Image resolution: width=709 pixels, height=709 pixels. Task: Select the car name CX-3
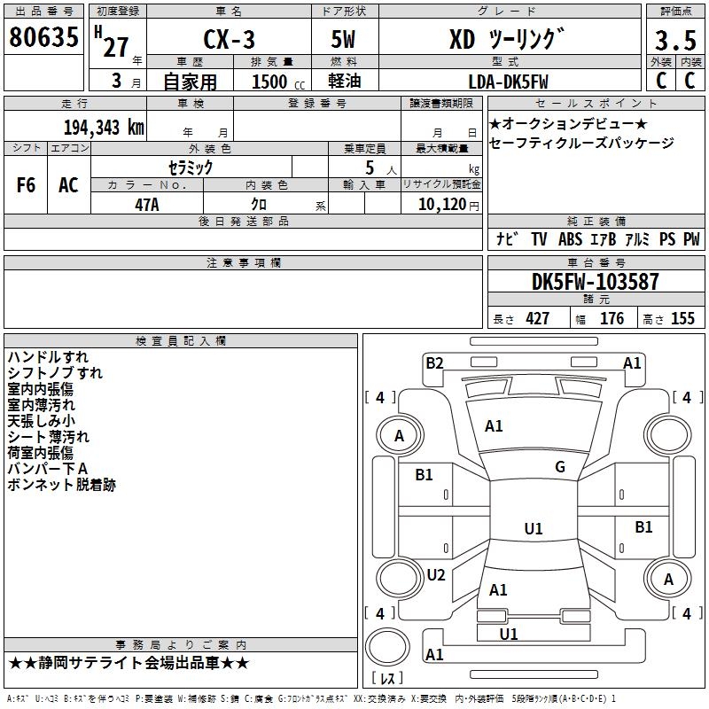pos(226,40)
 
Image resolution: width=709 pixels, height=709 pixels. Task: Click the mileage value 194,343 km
pos(103,128)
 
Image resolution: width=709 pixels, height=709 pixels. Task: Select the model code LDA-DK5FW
pos(508,82)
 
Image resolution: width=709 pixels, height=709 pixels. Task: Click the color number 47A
pos(146,205)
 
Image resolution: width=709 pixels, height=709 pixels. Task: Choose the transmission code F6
pos(27,185)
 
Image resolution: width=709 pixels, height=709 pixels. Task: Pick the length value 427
pos(537,319)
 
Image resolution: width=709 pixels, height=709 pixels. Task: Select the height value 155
pos(682,319)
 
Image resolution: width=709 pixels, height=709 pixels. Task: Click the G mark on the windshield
pos(560,467)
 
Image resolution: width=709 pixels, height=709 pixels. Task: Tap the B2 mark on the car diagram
pos(434,362)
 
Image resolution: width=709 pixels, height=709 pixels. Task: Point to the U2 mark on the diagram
pos(435,574)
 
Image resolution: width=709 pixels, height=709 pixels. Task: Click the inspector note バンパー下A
pos(47,469)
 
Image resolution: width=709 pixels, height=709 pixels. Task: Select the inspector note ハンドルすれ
pos(48,357)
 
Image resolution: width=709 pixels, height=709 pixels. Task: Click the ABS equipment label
pos(571,239)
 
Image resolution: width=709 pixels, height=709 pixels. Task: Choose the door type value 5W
pos(344,40)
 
